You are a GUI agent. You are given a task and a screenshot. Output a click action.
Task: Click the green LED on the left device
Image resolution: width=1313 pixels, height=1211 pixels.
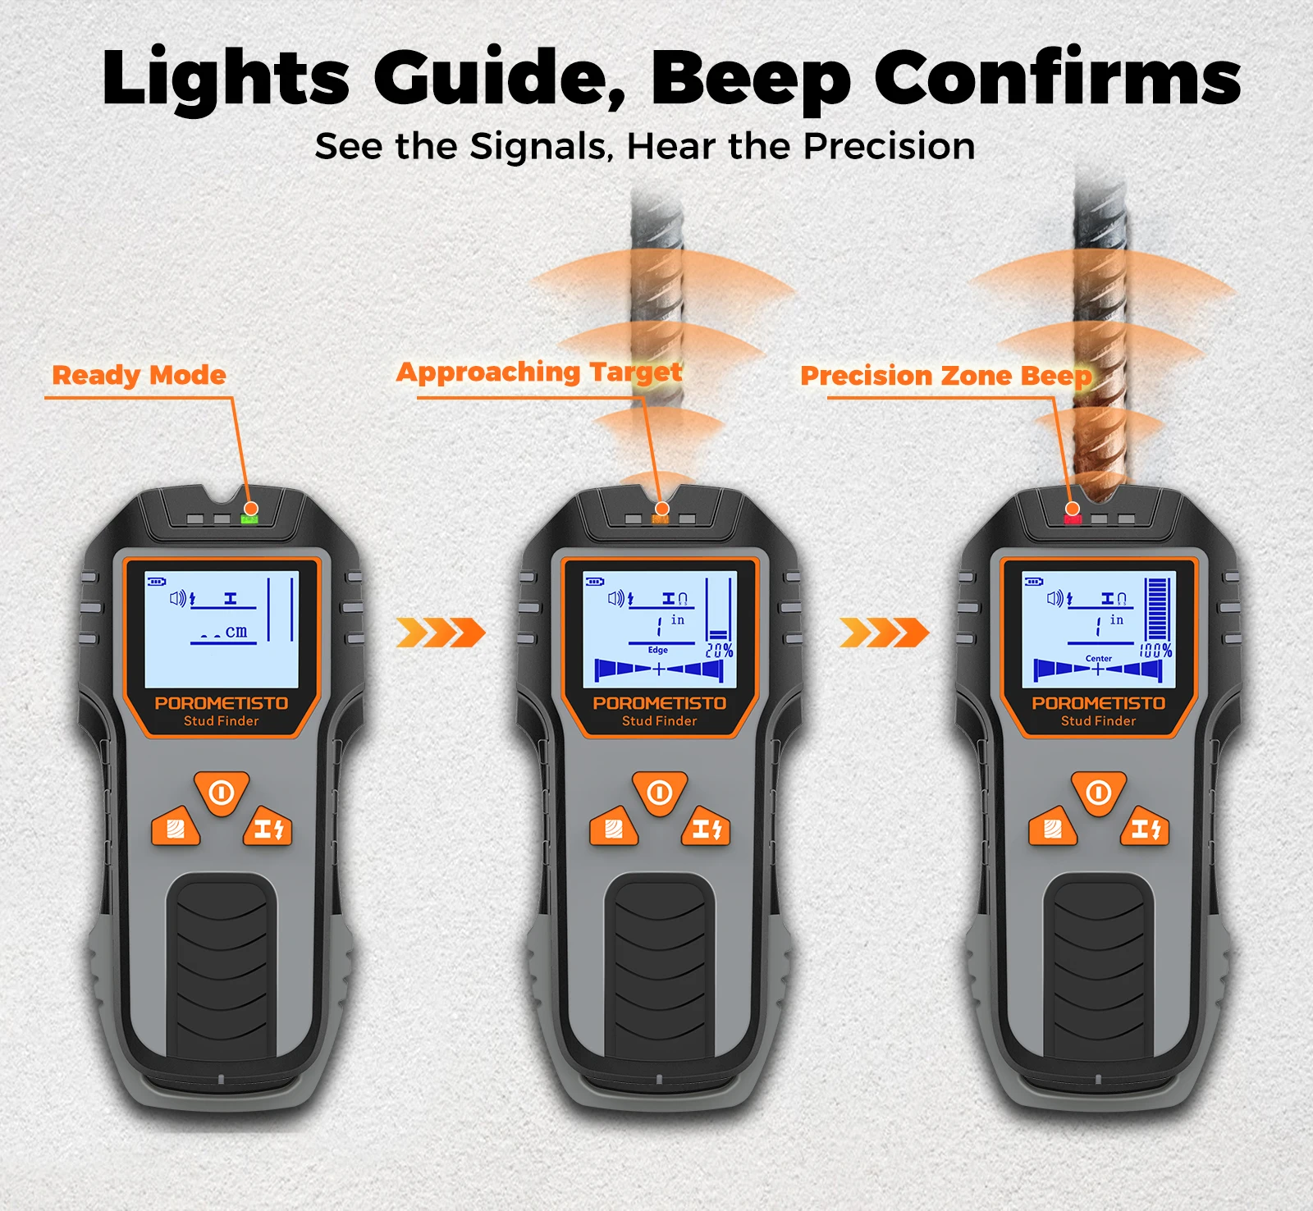(249, 519)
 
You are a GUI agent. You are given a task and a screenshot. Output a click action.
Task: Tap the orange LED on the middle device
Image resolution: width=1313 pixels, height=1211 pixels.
(660, 519)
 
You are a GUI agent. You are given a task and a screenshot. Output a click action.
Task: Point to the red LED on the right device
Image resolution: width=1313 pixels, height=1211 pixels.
(1073, 519)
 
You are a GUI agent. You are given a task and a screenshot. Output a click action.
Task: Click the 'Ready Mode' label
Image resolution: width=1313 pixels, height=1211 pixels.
(140, 376)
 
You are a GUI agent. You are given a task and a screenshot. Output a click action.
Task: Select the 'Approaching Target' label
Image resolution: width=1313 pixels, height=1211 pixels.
(539, 372)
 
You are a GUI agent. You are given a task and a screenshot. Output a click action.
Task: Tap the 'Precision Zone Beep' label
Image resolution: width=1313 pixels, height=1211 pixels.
(946, 376)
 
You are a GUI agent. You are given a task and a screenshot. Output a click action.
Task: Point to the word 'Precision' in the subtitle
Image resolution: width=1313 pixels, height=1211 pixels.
(889, 146)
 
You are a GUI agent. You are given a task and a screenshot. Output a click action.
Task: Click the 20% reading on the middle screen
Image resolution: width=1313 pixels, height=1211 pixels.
(720, 650)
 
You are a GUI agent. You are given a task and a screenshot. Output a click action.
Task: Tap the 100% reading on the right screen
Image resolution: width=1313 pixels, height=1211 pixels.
(1155, 651)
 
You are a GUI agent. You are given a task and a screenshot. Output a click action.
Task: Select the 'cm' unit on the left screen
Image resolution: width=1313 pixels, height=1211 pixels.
(236, 632)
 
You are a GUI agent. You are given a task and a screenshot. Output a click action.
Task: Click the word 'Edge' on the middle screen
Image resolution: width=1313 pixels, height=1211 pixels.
(658, 650)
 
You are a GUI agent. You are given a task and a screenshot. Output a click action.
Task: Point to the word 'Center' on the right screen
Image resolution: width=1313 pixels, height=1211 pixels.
(1099, 658)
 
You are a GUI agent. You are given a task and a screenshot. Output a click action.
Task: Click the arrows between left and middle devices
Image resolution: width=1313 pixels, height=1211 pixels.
(441, 633)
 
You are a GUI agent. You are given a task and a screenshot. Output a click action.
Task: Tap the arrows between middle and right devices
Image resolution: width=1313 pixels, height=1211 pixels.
(885, 633)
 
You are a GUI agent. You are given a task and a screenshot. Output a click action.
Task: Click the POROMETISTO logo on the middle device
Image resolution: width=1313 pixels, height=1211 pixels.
(660, 703)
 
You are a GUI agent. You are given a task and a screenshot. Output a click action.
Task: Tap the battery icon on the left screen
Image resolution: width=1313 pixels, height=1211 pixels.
(156, 582)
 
